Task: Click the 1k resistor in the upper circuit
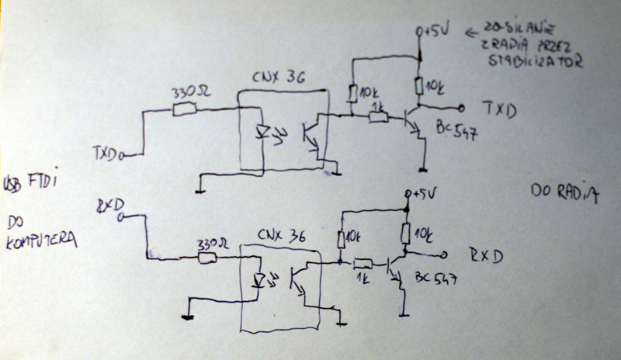(378, 117)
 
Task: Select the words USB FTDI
(30, 181)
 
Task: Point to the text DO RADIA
(564, 192)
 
